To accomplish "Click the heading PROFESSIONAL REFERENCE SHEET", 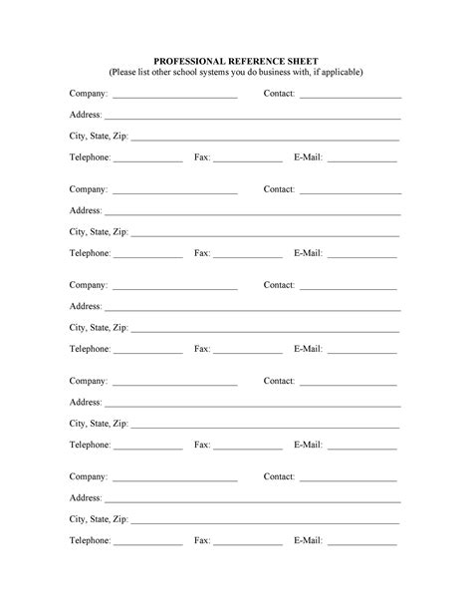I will (235, 60).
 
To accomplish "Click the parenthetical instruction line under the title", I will (235, 72).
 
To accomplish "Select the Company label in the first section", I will (89, 94).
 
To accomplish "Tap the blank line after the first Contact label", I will (350, 97).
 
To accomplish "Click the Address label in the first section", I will (86, 115).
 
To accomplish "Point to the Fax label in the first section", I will (201, 157).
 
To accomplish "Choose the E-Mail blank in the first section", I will (361, 160).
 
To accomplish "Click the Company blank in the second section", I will (174, 192).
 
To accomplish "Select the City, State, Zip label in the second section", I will (99, 232).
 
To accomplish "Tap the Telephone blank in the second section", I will (147, 256).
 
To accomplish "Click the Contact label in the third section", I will (279, 285).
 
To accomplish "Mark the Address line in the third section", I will (252, 310).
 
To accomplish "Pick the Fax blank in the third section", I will (248, 352).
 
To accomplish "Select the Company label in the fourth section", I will (89, 381).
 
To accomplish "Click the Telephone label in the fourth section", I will (90, 445).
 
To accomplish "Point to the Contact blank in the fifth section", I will (348, 479).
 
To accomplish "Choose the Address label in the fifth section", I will (86, 497).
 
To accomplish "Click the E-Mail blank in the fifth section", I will (361, 543).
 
